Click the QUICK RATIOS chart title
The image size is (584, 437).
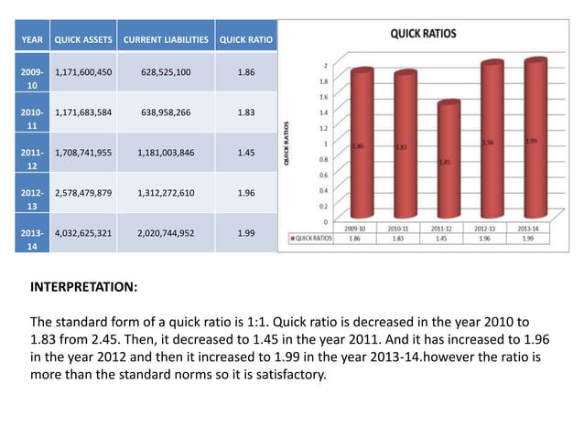423,33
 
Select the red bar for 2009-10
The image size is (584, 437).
362,146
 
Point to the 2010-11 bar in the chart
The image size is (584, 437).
404,148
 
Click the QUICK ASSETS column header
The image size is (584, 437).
83,39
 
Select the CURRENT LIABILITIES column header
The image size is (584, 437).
166,39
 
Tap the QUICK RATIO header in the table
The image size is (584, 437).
244,39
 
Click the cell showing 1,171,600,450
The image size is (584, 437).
83,70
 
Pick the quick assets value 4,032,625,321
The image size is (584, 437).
83,234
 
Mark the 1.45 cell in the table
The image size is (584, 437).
244,153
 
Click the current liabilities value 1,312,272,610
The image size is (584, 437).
166,194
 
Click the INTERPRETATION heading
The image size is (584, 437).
84,287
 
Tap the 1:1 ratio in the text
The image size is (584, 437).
257,322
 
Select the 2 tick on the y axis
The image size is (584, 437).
327,65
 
